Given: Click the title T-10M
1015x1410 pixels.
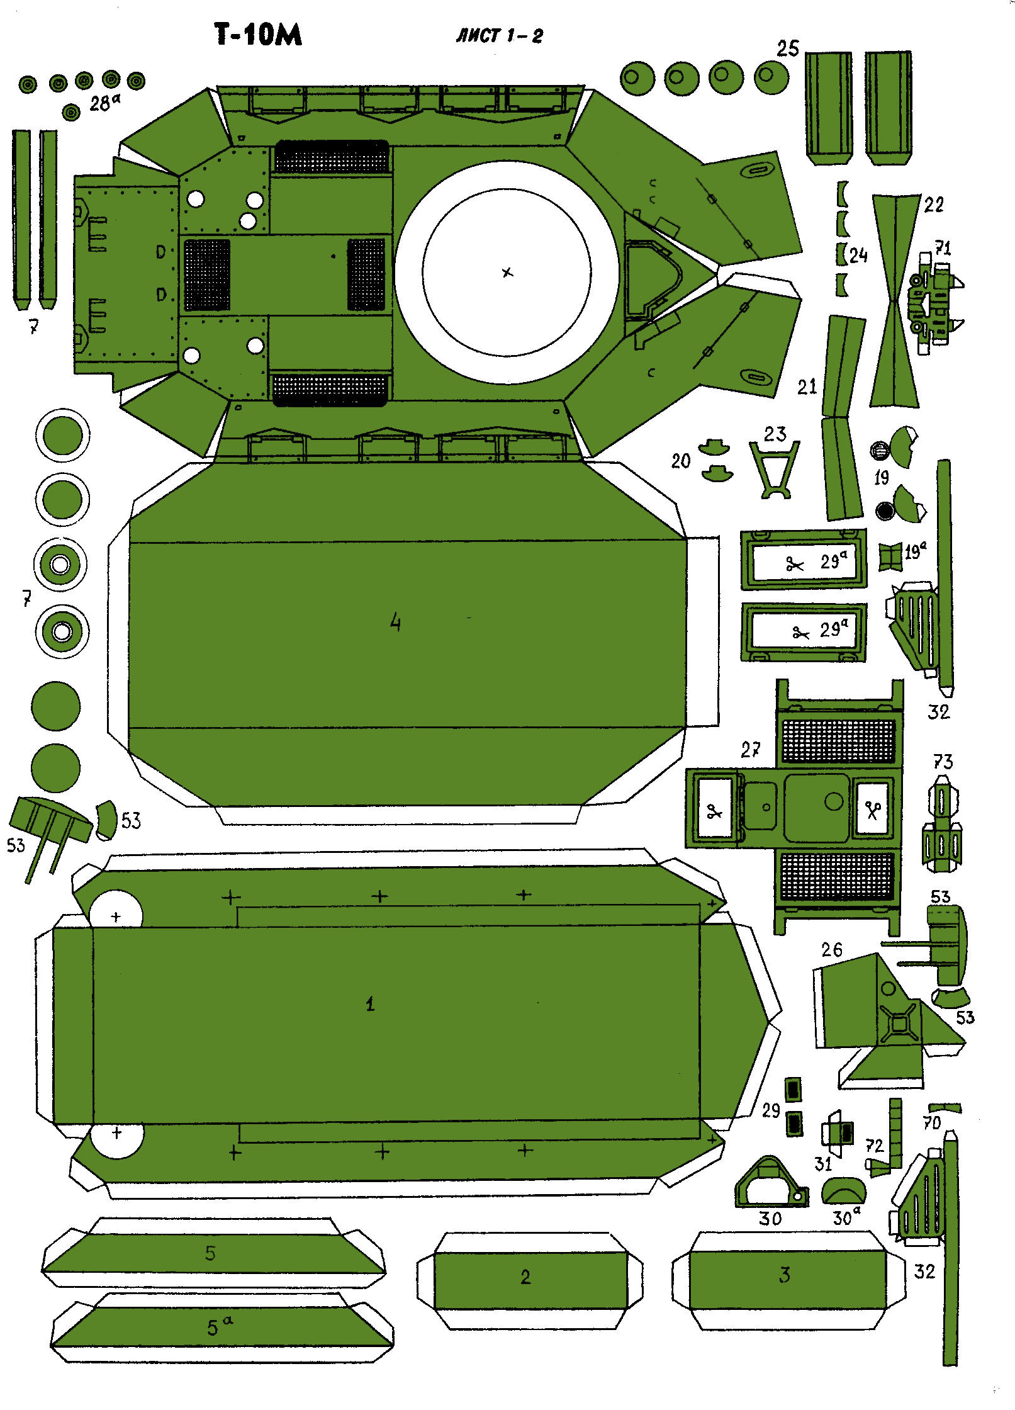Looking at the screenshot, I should pyautogui.click(x=259, y=35).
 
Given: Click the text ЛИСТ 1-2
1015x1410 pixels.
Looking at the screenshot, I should pyautogui.click(x=499, y=36).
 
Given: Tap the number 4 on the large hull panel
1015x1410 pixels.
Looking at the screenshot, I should pyautogui.click(x=395, y=623).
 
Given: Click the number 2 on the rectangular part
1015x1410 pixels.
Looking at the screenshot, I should pyautogui.click(x=525, y=1277).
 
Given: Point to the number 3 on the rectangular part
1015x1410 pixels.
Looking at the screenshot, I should pyautogui.click(x=784, y=1275).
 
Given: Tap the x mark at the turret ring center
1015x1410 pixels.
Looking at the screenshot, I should pyautogui.click(x=507, y=273).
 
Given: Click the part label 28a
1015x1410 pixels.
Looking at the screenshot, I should pyautogui.click(x=103, y=103).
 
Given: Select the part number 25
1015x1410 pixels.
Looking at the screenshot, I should pyautogui.click(x=787, y=49).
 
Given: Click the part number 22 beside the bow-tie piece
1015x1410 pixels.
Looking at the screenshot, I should pyautogui.click(x=934, y=204).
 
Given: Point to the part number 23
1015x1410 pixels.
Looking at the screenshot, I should pyautogui.click(x=775, y=434).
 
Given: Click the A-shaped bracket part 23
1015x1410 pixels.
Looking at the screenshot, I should pyautogui.click(x=775, y=469).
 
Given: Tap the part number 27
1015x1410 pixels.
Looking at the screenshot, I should pyautogui.click(x=751, y=750).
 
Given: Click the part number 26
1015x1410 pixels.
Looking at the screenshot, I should pyautogui.click(x=831, y=950).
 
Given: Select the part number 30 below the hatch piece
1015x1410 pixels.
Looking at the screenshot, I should pyautogui.click(x=770, y=1219).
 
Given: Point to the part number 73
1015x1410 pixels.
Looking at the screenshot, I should pyautogui.click(x=943, y=762).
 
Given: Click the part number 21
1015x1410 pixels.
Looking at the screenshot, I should pyautogui.click(x=807, y=386).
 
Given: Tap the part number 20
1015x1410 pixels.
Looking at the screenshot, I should pyautogui.click(x=681, y=461).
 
